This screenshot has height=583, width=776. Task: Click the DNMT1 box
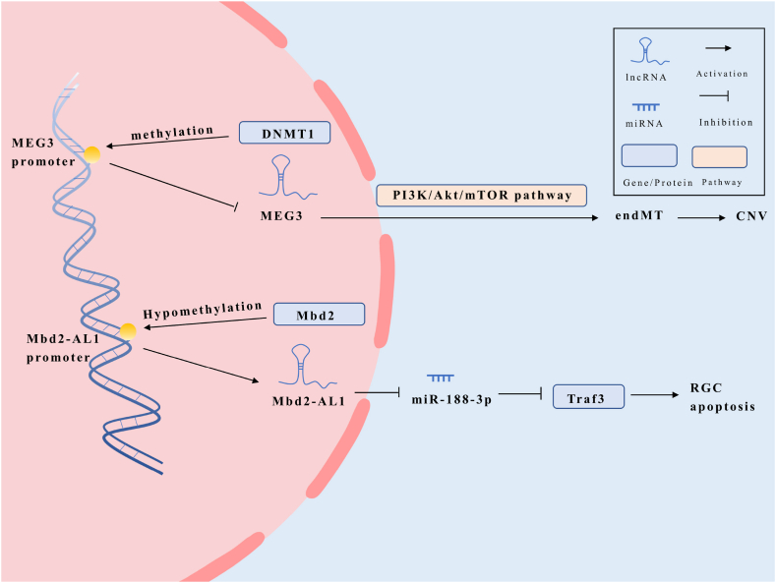tap(284, 133)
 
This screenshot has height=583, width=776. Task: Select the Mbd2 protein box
tap(318, 315)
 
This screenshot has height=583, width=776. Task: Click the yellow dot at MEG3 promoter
tap(91, 153)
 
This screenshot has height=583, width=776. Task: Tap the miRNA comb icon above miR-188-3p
tap(440, 377)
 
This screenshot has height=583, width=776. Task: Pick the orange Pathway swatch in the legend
tap(719, 156)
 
